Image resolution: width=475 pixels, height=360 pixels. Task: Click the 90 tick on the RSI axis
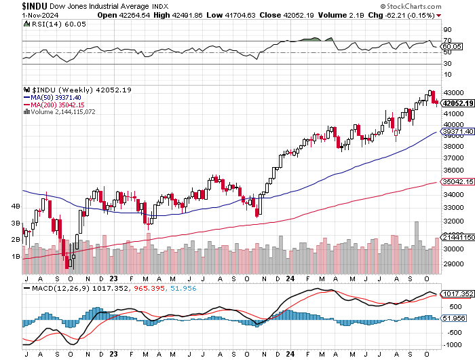click(x=448, y=30)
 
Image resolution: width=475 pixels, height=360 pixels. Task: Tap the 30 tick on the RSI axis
click(x=448, y=65)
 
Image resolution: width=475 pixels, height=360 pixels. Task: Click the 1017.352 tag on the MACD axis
click(x=456, y=294)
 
